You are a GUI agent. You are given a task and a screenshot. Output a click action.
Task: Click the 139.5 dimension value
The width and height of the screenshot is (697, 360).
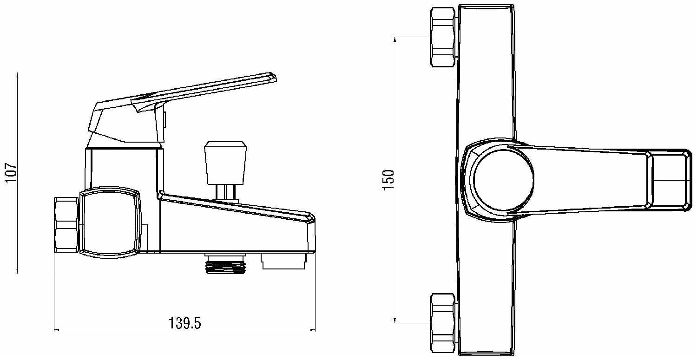pos(184,323)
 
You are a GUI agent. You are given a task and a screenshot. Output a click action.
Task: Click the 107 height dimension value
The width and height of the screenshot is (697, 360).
pos(11,173)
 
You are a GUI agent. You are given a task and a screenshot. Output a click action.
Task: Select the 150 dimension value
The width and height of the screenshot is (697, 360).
pos(389,179)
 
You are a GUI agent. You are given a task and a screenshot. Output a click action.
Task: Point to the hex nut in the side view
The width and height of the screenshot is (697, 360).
pos(66,224)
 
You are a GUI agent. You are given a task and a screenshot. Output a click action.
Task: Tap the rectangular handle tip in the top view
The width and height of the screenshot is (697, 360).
pos(669,179)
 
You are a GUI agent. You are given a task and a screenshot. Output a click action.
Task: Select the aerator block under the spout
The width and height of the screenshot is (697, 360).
pos(284,261)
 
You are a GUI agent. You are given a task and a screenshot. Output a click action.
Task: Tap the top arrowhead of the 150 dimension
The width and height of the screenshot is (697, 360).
pos(395,39)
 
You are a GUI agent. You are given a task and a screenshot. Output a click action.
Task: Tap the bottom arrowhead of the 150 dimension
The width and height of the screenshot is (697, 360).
pos(395,320)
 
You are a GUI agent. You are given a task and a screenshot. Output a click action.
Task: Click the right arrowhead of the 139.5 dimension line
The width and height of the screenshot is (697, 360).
pos(313,330)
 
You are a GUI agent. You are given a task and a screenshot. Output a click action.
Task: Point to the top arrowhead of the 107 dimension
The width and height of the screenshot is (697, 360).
pos(17,75)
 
